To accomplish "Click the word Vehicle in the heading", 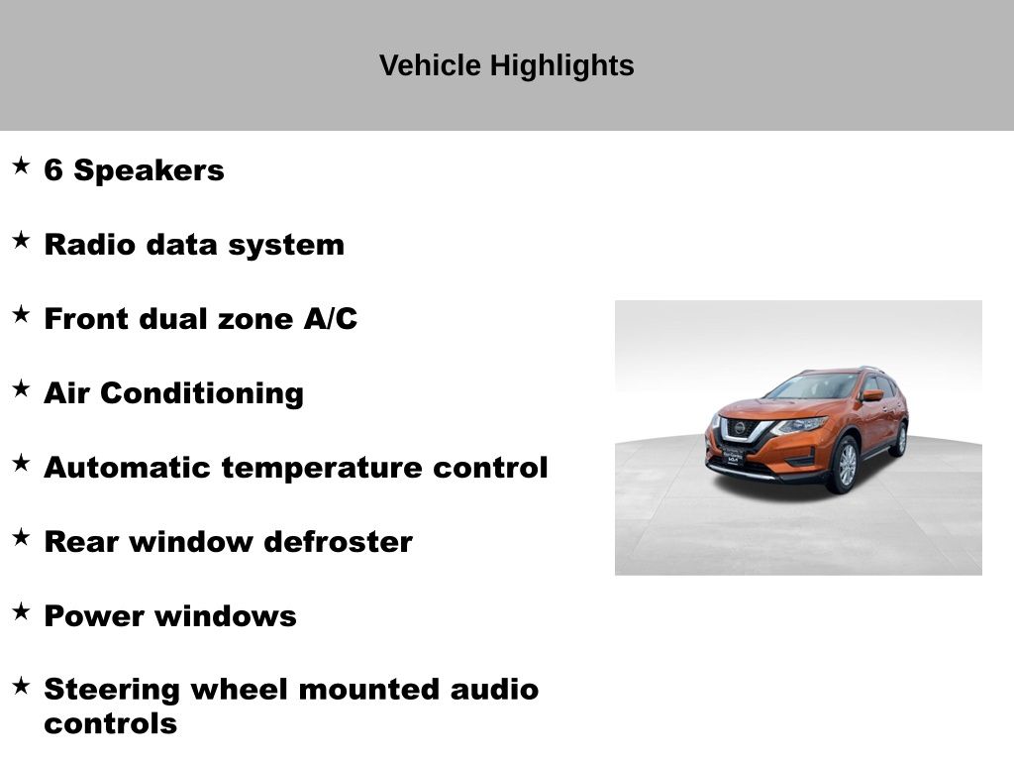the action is click(x=430, y=65).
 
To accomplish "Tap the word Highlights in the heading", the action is click(x=562, y=66).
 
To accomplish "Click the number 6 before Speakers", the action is click(x=53, y=170).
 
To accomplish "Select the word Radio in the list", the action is click(x=90, y=245).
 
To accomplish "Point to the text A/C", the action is click(x=331, y=318).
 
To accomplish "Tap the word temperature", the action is click(x=322, y=469).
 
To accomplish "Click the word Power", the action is click(x=94, y=616).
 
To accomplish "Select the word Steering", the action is click(x=112, y=691).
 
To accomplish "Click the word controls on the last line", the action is click(x=111, y=724).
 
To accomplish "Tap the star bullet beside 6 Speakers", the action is click(x=22, y=165).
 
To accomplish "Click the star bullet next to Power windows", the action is click(x=22, y=611).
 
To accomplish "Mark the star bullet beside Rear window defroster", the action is click(x=22, y=537).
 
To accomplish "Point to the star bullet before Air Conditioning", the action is click(x=22, y=388).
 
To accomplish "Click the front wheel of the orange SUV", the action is click(x=845, y=464).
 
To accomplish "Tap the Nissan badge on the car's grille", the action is click(x=739, y=428).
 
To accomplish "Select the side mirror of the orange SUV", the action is click(x=872, y=395).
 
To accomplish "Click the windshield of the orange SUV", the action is click(x=814, y=386).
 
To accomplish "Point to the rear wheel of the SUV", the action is click(x=899, y=439).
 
